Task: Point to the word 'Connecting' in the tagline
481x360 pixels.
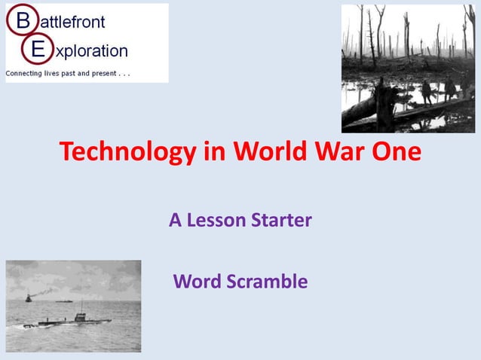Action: tap(23, 73)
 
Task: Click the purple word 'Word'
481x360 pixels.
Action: tap(195, 282)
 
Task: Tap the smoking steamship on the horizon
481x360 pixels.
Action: tap(29, 297)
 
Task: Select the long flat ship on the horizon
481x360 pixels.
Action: tap(63, 301)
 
